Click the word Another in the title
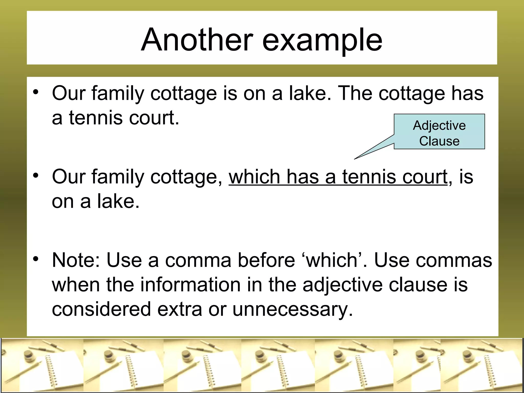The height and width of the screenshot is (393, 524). [x=197, y=40]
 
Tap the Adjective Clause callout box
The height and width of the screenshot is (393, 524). [x=439, y=132]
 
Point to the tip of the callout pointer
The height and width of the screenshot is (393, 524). [x=355, y=159]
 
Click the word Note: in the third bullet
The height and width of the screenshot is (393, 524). [x=76, y=260]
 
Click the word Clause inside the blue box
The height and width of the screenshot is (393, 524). [x=439, y=141]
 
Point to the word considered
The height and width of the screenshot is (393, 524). [x=101, y=309]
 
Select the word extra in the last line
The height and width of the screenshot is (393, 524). [x=180, y=309]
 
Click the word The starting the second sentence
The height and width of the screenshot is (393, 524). [x=355, y=93]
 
